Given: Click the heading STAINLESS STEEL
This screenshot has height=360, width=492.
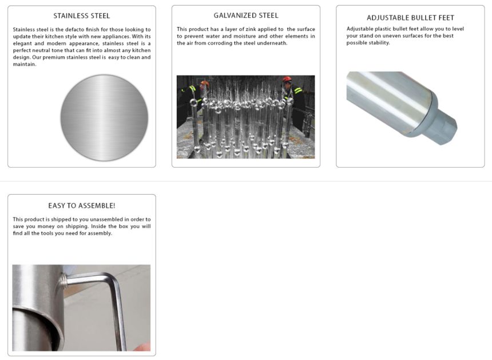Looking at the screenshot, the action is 82,15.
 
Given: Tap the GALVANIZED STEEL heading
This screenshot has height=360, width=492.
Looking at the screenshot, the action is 246,15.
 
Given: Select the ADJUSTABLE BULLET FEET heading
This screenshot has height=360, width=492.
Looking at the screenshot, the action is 410,18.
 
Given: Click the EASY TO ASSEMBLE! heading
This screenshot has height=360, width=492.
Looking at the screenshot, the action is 82,205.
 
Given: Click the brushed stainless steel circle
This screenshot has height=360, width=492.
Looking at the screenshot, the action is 104,118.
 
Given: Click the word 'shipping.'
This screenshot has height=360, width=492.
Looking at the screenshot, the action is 77,227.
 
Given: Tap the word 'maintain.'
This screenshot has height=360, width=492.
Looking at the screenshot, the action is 25,64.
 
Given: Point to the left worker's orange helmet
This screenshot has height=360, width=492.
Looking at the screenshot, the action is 205,84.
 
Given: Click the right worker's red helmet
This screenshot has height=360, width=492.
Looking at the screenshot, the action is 287,79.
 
